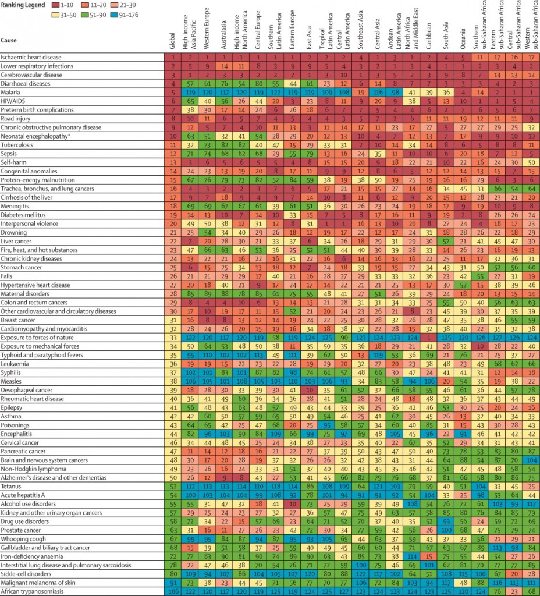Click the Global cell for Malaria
(173, 92)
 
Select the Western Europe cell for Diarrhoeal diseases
(207, 83)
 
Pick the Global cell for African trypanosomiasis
(173, 592)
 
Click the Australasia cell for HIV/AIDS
(223, 101)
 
